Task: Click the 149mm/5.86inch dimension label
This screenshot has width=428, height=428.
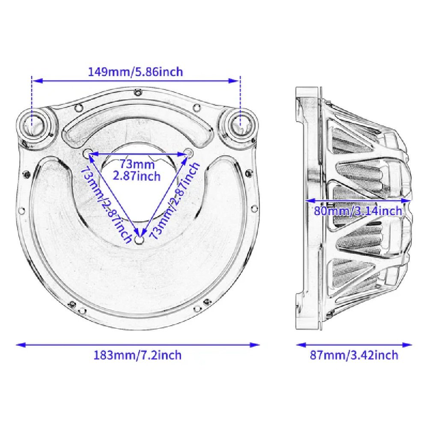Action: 135,72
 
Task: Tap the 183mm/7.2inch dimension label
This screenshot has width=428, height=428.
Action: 137,355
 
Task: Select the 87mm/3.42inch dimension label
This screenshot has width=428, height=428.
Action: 354,355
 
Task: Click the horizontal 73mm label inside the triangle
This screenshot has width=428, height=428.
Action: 137,164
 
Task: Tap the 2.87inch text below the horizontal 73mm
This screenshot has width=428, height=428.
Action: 137,176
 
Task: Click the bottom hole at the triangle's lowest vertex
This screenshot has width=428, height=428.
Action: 140,239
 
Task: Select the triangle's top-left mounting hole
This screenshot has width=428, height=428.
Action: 87,153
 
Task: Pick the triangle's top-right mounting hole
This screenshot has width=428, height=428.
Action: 189,152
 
